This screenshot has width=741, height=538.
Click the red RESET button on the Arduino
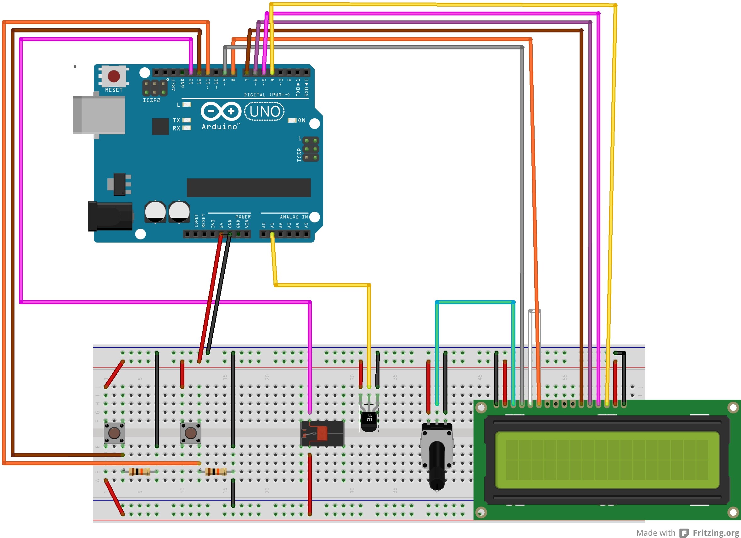114,76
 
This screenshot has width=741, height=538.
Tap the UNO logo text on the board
265,111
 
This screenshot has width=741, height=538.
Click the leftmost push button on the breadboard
114,433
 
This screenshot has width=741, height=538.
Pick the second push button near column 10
190,433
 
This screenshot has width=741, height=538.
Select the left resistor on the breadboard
139,471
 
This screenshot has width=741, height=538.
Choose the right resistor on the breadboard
216,471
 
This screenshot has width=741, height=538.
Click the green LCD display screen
607,460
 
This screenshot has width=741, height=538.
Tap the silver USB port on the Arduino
99,115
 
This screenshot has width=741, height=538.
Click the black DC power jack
110,216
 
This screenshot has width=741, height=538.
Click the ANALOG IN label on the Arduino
294,217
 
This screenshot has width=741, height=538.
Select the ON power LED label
301,120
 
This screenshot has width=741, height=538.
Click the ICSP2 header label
151,100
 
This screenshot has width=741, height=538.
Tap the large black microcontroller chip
248,188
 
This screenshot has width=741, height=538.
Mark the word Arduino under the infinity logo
220,127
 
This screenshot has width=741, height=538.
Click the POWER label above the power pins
243,217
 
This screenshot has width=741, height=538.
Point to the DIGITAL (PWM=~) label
267,95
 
